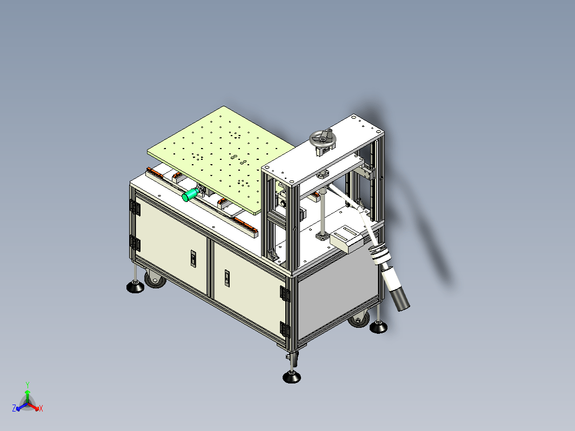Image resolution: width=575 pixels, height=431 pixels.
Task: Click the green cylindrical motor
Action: (190, 195)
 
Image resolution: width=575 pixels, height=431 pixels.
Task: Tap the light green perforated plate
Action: (221, 159)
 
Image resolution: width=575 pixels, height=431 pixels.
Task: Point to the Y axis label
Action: (28, 385)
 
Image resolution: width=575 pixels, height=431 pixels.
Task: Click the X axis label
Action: (41, 408)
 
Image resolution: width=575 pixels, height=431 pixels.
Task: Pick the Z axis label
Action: (14, 408)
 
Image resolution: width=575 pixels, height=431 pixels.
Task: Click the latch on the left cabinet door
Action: (193, 258)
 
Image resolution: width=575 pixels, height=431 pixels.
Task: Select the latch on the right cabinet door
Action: (227, 278)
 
